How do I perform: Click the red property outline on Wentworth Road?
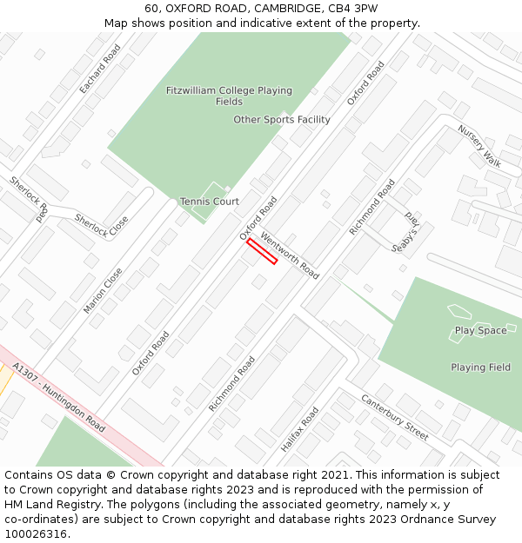[262, 251]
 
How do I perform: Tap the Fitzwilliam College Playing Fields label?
[229, 96]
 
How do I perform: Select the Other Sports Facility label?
[282, 120]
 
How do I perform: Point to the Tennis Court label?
[209, 202]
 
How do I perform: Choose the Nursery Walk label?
[479, 146]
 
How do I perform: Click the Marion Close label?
[104, 290]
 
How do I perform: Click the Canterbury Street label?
[395, 417]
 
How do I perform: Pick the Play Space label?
[480, 330]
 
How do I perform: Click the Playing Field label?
[480, 368]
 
